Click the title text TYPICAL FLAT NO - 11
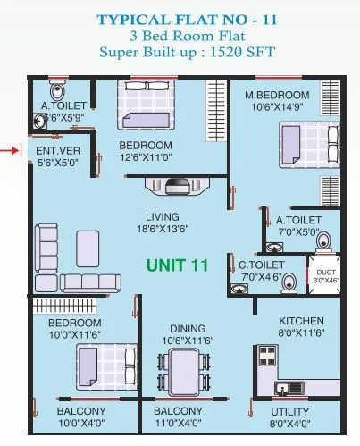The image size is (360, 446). pos(179,17)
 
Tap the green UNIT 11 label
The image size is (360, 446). pos(178,265)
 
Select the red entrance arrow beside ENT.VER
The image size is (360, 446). pos(10,150)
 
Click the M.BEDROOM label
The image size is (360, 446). pos(276,96)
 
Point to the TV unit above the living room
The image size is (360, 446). pos(178,185)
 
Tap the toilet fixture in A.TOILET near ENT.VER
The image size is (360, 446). pos(59,90)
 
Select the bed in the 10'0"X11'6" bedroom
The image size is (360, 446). pos(96,365)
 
